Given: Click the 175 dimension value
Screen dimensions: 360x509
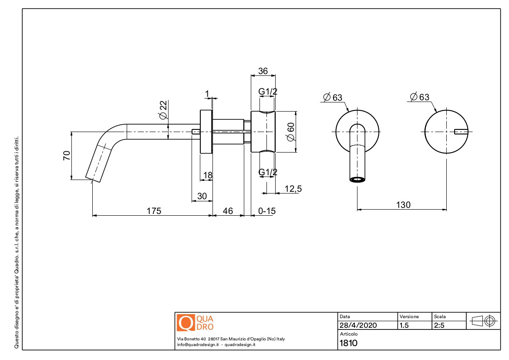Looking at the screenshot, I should pos(154,211).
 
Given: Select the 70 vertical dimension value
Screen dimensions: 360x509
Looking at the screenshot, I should pos(67,156).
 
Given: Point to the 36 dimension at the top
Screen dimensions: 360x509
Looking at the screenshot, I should pos(263,71).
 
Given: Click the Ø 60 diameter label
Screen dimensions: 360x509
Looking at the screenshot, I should pos(291,131).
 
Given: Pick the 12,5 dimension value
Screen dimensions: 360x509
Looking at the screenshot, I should pos(293,189).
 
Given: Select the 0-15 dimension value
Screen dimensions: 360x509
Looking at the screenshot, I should pos(267,211).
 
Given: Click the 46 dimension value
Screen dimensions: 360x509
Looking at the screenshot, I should pos(228,211).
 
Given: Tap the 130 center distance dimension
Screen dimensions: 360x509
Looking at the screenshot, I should pos(403,205).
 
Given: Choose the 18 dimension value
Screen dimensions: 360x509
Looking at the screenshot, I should pos(208,175).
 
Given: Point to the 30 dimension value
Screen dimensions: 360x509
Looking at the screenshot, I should pos(202,196).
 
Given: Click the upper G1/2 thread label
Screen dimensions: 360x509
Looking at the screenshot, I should pos(268,92).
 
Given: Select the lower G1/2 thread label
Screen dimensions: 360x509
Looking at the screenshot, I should pos(268,172).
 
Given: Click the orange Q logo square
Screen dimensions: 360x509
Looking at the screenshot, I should pos(185,322).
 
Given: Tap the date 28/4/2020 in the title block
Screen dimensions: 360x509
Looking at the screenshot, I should pos(358,325).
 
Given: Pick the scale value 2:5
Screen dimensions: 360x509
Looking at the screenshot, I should pos(438,325).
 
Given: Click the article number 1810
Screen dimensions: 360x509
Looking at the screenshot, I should pos(348,343).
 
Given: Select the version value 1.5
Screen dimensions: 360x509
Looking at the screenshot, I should pos(404,325).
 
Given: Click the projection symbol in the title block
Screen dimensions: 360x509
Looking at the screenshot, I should pos(483,321).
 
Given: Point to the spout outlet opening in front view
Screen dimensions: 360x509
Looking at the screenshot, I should pos(357,179).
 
